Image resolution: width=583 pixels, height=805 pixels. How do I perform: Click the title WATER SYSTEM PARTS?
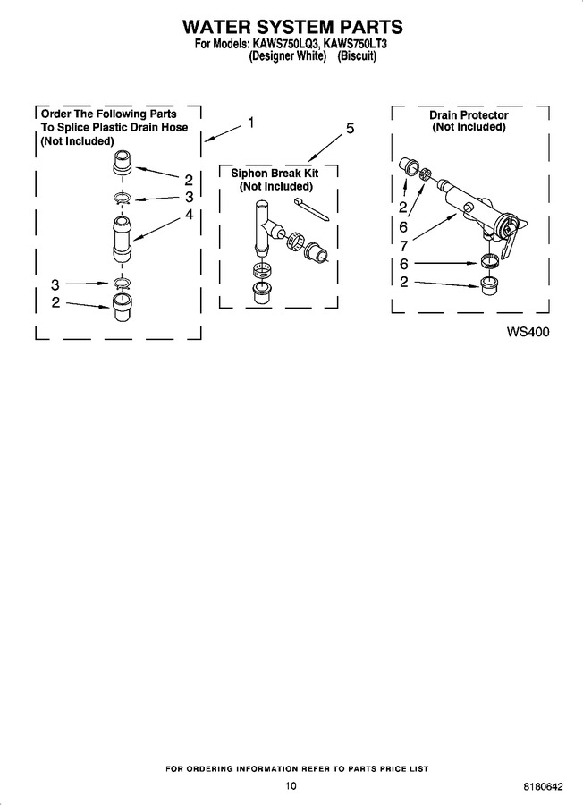tap(292, 26)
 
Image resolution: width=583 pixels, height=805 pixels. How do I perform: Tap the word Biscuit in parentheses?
tap(356, 56)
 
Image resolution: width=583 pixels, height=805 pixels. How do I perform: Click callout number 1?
tap(250, 123)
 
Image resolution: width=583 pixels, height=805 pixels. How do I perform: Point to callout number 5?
tap(350, 128)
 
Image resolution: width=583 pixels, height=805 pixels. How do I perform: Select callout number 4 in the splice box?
tap(189, 215)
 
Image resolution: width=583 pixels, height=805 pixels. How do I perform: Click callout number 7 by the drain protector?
tap(403, 245)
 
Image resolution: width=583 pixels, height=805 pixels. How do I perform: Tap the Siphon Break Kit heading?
tap(275, 173)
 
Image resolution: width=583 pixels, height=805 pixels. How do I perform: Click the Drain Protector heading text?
tap(469, 115)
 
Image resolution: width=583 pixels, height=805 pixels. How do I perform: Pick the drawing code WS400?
tap(528, 332)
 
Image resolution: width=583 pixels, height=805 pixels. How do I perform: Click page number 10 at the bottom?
tap(291, 785)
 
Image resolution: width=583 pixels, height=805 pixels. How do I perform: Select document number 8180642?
tap(543, 786)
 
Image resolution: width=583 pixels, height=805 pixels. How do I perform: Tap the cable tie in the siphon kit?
tap(311, 209)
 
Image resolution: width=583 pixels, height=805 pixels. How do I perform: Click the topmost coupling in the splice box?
tap(123, 164)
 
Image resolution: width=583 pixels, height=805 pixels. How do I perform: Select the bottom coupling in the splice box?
tap(121, 308)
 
